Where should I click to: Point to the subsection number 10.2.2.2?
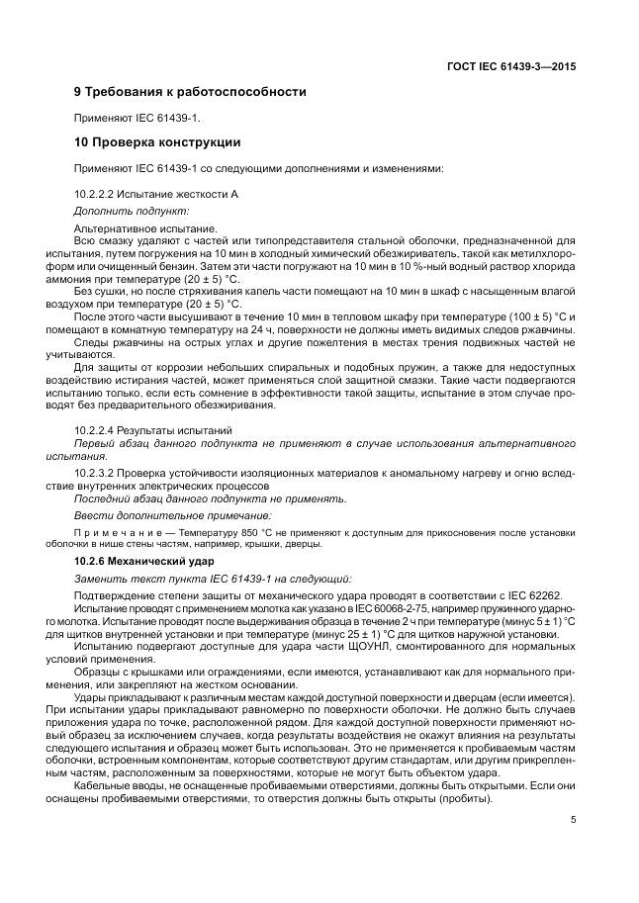pyautogui.click(x=100, y=194)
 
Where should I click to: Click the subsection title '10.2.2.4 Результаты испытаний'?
pyautogui.click(x=153, y=431)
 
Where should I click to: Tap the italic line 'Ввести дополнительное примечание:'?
pyautogui.click(x=172, y=515)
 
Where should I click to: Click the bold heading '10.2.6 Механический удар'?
pyautogui.click(x=144, y=561)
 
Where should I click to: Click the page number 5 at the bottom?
pyautogui.click(x=573, y=819)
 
